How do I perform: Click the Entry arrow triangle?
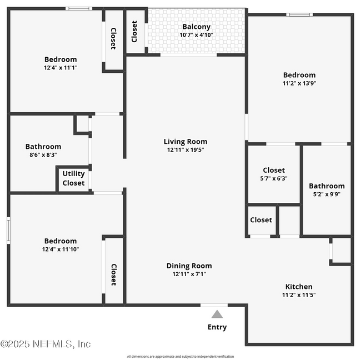tap(217, 314)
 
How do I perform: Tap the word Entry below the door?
tap(217, 327)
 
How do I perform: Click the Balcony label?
tap(196, 27)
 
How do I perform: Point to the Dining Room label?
tap(189, 266)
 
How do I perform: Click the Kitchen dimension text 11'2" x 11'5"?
tap(299, 295)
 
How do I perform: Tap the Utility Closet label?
tap(73, 178)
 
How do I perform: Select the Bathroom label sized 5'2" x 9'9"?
tap(327, 186)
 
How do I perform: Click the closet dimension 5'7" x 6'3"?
tap(274, 179)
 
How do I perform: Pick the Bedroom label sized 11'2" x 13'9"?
tap(299, 75)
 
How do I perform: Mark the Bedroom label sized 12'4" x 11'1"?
tap(61, 59)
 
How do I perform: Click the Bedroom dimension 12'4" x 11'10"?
tap(61, 249)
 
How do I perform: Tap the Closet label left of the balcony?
tap(134, 32)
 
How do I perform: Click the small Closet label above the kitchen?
tap(261, 220)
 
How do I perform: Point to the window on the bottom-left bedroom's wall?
tap(8, 229)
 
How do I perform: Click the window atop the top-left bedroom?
tap(78, 8)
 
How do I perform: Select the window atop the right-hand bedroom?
tap(299, 14)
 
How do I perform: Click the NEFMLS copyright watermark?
tap(46, 344)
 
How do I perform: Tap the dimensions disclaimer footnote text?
tap(180, 357)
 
